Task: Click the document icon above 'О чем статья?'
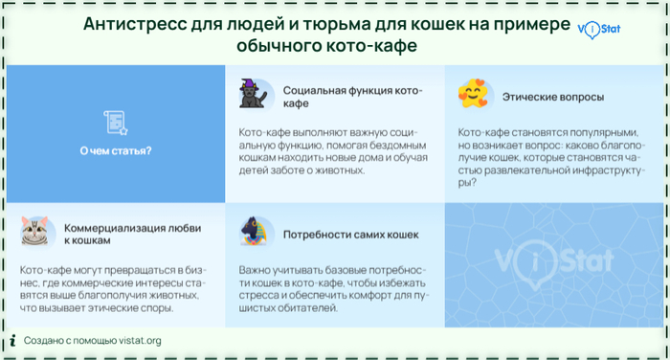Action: tap(115, 121)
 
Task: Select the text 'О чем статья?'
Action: tap(115, 151)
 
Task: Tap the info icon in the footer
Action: tap(12, 340)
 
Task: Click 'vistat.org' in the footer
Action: tap(139, 340)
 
